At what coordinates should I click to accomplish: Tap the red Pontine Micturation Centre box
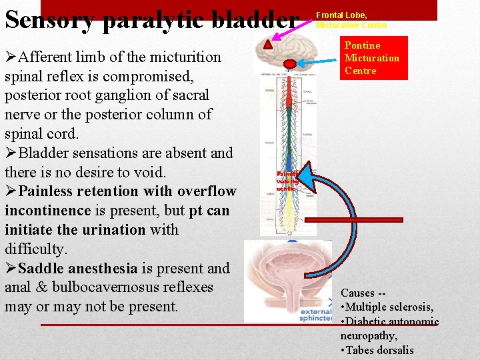pyautogui.click(x=373, y=58)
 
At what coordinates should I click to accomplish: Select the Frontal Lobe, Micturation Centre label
pyautogui.click(x=351, y=20)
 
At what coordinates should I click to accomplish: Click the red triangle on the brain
pyautogui.click(x=268, y=45)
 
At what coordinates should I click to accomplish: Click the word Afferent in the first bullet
pyautogui.click(x=49, y=57)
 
